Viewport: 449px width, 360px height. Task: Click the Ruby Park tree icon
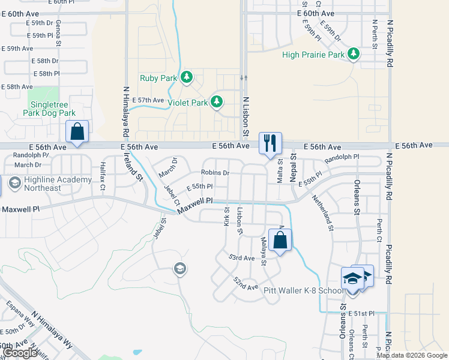tap(187, 77)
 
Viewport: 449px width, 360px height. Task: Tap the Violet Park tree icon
tap(217, 102)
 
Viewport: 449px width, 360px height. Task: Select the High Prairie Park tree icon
tap(354, 55)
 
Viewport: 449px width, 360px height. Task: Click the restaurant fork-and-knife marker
tap(270, 143)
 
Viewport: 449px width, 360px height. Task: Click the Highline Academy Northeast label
tap(43, 184)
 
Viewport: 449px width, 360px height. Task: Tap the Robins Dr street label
tap(215, 173)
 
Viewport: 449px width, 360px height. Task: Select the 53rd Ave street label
tap(242, 258)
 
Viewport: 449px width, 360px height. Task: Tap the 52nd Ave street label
tap(246, 284)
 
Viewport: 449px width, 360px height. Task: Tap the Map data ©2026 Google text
tap(412, 355)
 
